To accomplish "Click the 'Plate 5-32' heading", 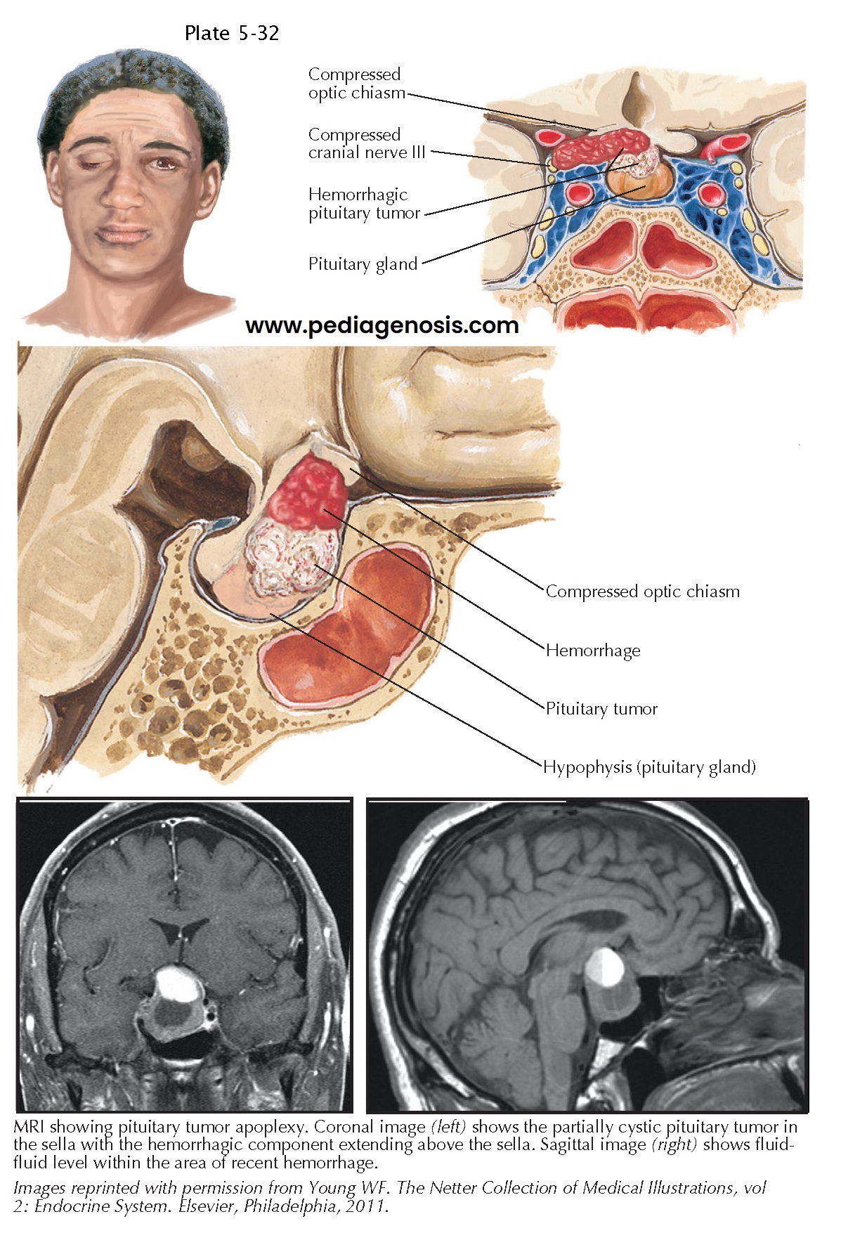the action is click(x=231, y=33).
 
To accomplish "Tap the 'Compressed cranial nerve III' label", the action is click(x=367, y=143).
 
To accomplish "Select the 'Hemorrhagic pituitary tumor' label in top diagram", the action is click(x=364, y=204).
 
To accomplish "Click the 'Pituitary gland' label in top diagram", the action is click(x=363, y=264).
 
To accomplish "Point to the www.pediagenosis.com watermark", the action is click(x=382, y=325).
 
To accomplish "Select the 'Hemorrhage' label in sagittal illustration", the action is click(x=593, y=650).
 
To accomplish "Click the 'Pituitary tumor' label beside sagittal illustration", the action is click(x=601, y=708).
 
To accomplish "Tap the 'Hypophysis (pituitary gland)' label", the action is click(x=649, y=766).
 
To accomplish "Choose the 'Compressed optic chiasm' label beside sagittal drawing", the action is click(x=642, y=592).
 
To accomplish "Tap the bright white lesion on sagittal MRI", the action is click(x=606, y=967).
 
